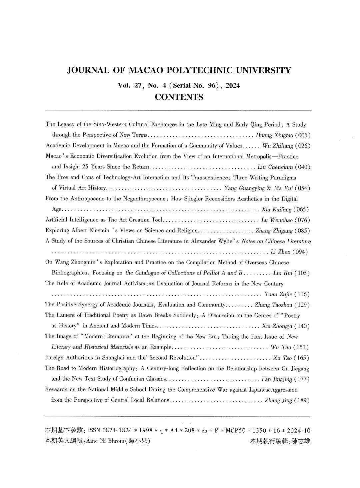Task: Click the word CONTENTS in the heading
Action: pos(179,97)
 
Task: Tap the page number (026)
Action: pos(303,146)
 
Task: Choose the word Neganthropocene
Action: pos(141,199)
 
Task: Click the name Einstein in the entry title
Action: pos(100,230)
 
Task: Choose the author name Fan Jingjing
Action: pos(277,379)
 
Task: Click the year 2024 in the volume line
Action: pos(233,85)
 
